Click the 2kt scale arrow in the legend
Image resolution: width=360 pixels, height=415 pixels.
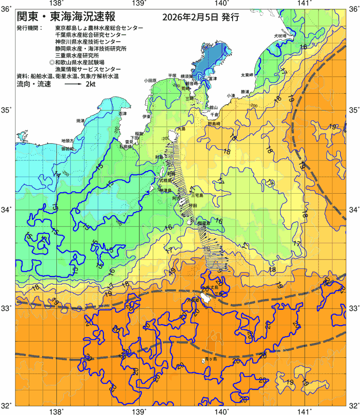click(73, 84)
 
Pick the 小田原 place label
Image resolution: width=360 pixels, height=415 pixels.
click(150, 80)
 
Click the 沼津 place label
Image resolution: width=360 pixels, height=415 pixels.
click(122, 113)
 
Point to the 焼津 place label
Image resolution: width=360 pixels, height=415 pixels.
click(81, 120)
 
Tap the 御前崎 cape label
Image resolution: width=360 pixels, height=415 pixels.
click(67, 149)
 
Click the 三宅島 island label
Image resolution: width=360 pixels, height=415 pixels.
click(203, 196)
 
